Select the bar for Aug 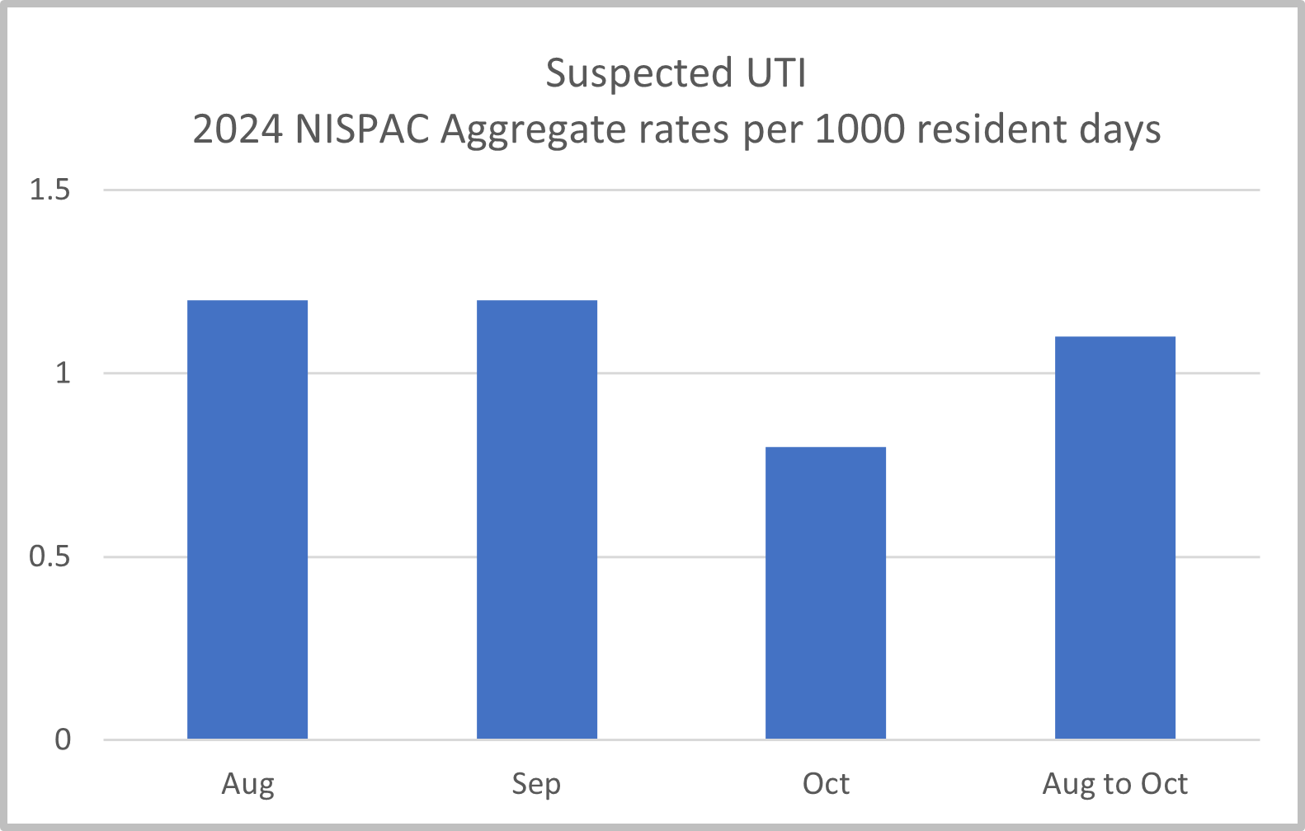coord(247,519)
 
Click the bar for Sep coord(536,519)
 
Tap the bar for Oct coord(826,593)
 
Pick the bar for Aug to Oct coord(1115,538)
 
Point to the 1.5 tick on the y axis coord(49,190)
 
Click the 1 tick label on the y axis coord(63,373)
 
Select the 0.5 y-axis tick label coord(49,556)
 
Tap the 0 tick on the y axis coord(63,739)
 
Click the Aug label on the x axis coord(247,784)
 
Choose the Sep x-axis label coord(536,784)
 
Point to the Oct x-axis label coord(826,784)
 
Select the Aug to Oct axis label coord(1115,784)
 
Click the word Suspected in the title coord(639,74)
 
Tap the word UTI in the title coord(776,73)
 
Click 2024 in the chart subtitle coord(238,129)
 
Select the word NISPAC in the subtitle coord(362,129)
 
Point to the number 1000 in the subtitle coord(860,129)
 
